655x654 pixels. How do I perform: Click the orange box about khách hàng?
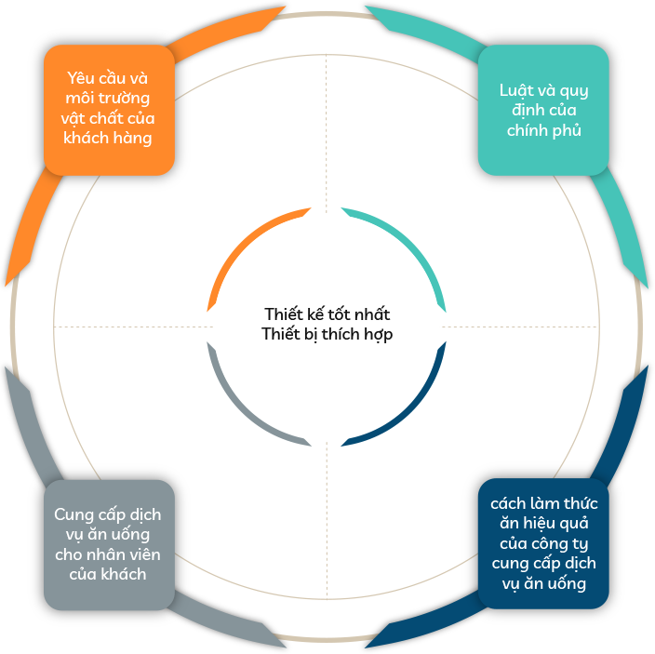pos(109,110)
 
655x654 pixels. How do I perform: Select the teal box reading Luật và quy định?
pos(543,110)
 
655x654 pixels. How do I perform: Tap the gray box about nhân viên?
pos(109,544)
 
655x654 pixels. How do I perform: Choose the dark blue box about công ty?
pos(543,543)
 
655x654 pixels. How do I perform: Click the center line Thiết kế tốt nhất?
pos(327,314)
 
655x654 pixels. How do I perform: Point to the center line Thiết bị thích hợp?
pos(327,334)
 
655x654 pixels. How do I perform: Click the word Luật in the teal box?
pos(514,90)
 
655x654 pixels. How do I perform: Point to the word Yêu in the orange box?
pos(80,78)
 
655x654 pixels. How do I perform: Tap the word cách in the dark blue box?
pos(508,503)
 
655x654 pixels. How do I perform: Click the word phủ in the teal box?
pos(568,130)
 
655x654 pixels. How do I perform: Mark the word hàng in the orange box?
pos(133,139)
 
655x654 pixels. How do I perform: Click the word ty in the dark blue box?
pos(579,544)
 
